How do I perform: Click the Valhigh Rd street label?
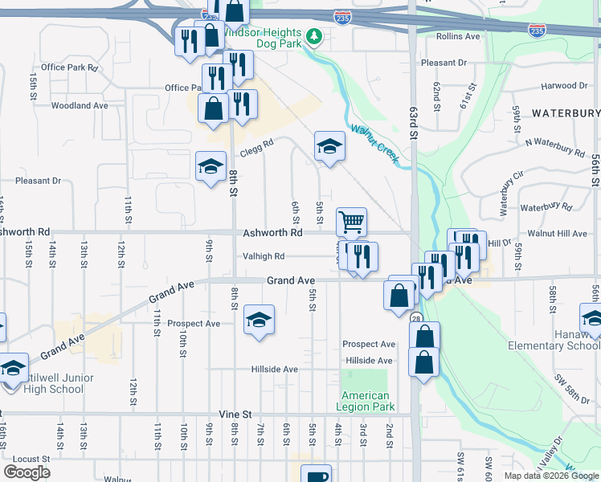tap(264, 256)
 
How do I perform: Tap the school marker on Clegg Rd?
tap(329, 147)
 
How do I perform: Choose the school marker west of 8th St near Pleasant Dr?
tap(211, 167)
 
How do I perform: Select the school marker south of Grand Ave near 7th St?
tap(259, 320)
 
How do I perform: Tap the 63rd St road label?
tap(414, 125)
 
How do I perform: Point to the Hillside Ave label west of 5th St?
tap(274, 370)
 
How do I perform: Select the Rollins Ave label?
tap(458, 37)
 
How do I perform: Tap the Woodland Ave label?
tap(79, 105)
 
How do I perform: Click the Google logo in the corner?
tap(27, 472)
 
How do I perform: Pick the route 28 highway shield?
tap(416, 319)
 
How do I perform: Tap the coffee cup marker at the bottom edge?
tap(317, 473)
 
